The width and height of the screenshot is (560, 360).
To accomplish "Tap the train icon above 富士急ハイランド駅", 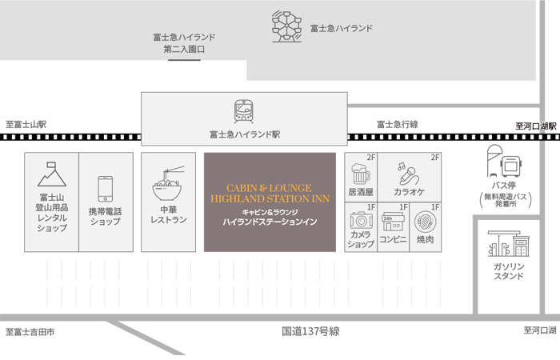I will (244, 111).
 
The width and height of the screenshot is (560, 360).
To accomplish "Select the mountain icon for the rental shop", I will (51, 171).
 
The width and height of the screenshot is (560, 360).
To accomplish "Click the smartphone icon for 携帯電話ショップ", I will (105, 189).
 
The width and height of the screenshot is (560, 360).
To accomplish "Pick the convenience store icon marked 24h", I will (393, 220).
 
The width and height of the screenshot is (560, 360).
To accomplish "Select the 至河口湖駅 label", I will (535, 126).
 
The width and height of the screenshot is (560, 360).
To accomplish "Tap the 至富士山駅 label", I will (26, 124).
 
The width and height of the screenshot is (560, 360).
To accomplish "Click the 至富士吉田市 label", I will (30, 331).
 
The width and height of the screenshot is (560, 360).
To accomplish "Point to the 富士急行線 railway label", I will (398, 124).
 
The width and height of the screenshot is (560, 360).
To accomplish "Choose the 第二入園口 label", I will (184, 49).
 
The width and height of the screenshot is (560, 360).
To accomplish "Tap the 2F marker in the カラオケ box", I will (435, 158).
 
